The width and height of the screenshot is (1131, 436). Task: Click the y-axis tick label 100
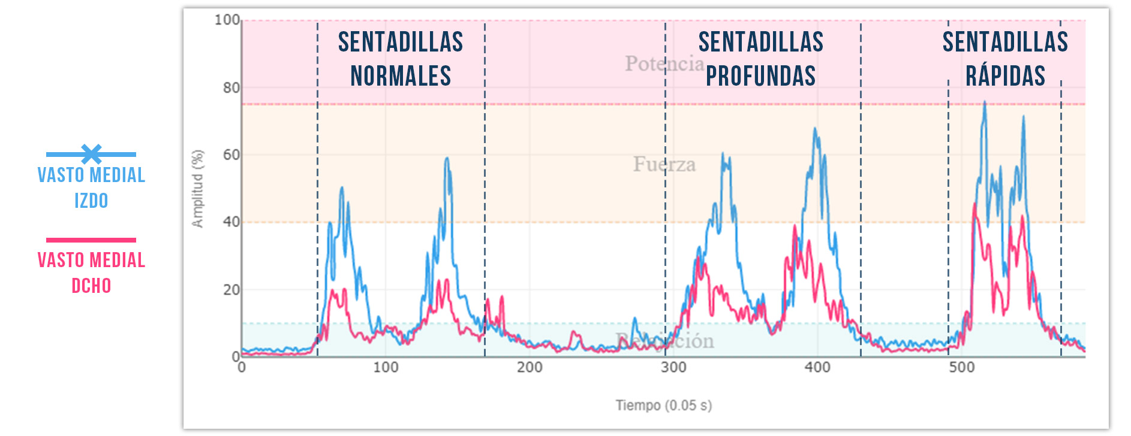(x=227, y=20)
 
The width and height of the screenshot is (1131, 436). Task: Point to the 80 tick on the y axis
(x=231, y=87)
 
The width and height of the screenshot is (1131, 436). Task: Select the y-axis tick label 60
(x=231, y=155)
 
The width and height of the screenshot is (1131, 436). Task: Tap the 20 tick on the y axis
(x=231, y=290)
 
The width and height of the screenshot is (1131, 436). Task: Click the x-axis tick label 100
(x=386, y=367)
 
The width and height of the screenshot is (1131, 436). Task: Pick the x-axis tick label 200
(x=530, y=367)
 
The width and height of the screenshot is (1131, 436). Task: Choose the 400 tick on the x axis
(x=817, y=367)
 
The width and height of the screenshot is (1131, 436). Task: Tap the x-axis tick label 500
(x=961, y=367)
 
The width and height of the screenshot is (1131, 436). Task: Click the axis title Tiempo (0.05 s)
(x=664, y=405)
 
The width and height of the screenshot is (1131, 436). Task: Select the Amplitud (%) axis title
(x=197, y=189)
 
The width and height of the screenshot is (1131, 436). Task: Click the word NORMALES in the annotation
(x=401, y=76)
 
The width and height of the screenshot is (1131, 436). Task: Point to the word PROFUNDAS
(x=760, y=76)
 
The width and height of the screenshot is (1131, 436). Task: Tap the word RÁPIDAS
(x=1005, y=76)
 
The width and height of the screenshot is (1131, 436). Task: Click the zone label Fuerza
(x=664, y=164)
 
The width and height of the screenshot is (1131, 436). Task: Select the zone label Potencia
(x=664, y=63)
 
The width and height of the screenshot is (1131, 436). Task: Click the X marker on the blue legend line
(x=91, y=154)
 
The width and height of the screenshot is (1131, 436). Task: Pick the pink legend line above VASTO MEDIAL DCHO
(x=91, y=240)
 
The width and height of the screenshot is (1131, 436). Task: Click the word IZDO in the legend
(x=91, y=201)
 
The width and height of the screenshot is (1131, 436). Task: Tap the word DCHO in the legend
(x=91, y=286)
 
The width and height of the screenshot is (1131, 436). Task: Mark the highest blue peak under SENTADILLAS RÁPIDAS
(x=984, y=103)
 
